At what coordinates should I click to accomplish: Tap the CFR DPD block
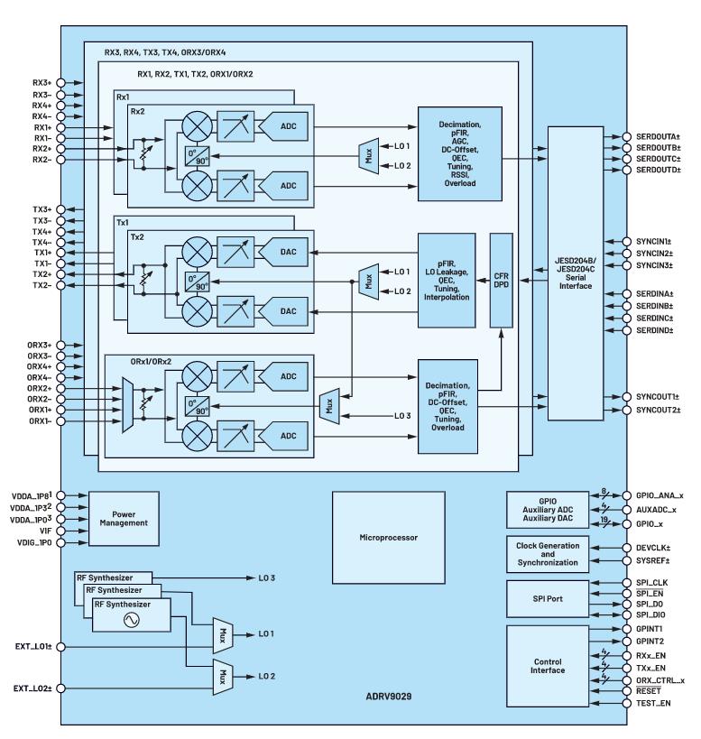click(501, 280)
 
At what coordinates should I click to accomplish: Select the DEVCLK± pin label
click(656, 548)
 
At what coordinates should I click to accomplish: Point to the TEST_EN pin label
click(655, 703)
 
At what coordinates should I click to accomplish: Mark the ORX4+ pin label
click(38, 366)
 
